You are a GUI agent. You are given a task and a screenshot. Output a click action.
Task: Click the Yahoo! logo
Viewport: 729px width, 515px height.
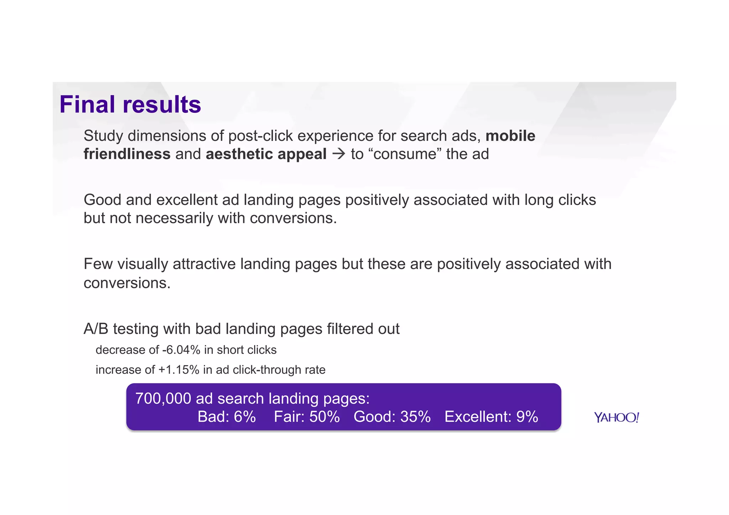click(617, 417)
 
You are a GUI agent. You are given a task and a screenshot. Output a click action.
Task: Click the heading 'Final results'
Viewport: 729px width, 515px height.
click(130, 105)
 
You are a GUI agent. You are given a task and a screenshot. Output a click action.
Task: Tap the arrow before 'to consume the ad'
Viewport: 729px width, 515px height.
click(339, 154)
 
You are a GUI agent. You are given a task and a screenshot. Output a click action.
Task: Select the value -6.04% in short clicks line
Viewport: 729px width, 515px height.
click(181, 350)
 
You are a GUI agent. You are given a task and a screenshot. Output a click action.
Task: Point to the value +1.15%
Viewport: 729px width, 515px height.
click(179, 370)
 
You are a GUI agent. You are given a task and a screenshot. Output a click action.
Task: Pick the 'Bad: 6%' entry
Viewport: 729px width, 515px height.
click(227, 417)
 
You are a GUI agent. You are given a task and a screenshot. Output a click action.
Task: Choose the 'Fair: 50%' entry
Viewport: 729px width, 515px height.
click(306, 417)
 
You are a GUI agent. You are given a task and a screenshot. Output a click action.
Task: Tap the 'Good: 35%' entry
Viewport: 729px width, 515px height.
click(392, 417)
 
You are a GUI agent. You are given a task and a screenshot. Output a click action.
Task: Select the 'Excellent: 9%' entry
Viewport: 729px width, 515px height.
click(491, 417)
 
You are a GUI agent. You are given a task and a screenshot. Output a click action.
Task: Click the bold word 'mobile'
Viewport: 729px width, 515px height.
click(510, 136)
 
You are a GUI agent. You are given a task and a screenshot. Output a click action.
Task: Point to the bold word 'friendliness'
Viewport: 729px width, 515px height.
click(127, 154)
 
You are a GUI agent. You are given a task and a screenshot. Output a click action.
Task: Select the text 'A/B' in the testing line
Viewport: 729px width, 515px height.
click(96, 329)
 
